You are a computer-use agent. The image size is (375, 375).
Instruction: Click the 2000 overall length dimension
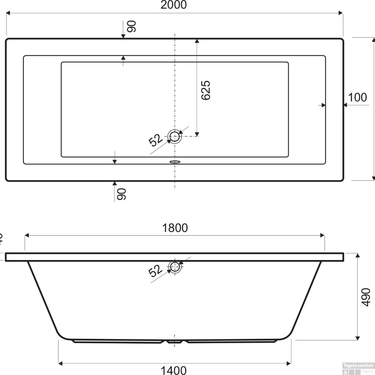[173, 5]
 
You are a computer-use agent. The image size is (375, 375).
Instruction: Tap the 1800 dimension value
[175, 228]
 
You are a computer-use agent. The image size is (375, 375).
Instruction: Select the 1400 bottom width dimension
[173, 370]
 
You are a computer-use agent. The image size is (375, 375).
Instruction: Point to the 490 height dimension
[366, 297]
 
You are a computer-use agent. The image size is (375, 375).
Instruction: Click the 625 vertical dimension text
[206, 90]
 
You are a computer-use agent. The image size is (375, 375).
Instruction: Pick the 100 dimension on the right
[357, 97]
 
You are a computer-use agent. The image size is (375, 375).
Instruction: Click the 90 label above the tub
[131, 26]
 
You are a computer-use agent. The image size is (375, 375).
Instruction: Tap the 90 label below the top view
[122, 194]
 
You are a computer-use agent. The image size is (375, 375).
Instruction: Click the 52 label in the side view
[155, 271]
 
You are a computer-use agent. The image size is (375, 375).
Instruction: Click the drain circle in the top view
[174, 136]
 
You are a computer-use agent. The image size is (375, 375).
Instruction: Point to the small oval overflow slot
[175, 162]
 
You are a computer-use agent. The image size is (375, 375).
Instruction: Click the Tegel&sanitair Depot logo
[358, 368]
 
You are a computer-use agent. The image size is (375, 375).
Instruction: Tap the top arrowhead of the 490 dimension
[357, 255]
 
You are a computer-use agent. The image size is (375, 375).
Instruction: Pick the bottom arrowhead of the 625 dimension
[197, 134]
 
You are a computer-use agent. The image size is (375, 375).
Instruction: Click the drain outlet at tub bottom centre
[174, 341]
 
